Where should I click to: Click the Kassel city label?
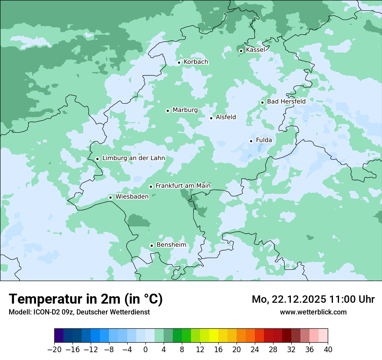pos(255,50)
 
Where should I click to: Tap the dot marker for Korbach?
pos(179,62)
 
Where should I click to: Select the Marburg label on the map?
pos(185,110)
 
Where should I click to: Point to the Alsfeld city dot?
pos(211,118)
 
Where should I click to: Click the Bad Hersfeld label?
pos(286,101)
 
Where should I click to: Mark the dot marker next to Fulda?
pos(251,141)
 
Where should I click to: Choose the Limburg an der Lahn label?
pos(133,158)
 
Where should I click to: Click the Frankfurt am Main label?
pos(183,186)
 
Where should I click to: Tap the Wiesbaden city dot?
pos(111,198)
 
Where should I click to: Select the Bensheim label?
pos(171,245)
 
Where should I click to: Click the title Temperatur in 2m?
pos(86,299)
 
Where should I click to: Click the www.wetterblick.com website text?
pos(313,312)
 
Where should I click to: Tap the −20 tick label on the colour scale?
pos(54,350)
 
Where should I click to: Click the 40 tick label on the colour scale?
pos(328,350)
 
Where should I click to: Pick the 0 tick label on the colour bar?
pos(145,350)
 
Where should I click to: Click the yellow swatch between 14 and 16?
pos(214,336)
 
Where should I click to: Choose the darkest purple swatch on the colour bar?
pos(59,336)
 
